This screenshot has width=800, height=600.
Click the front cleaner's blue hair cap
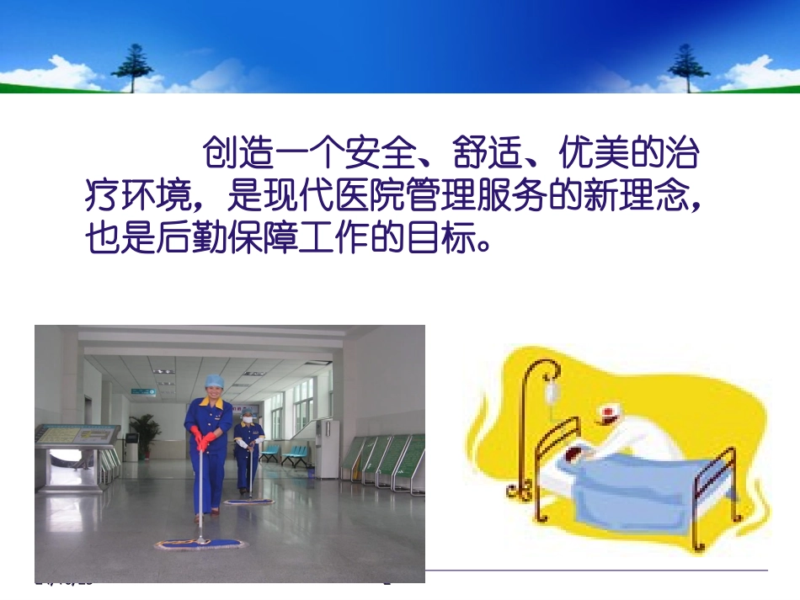[x=215, y=380]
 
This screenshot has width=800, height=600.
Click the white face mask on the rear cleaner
[x=248, y=419]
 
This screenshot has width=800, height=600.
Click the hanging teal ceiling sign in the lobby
[x=142, y=391]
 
